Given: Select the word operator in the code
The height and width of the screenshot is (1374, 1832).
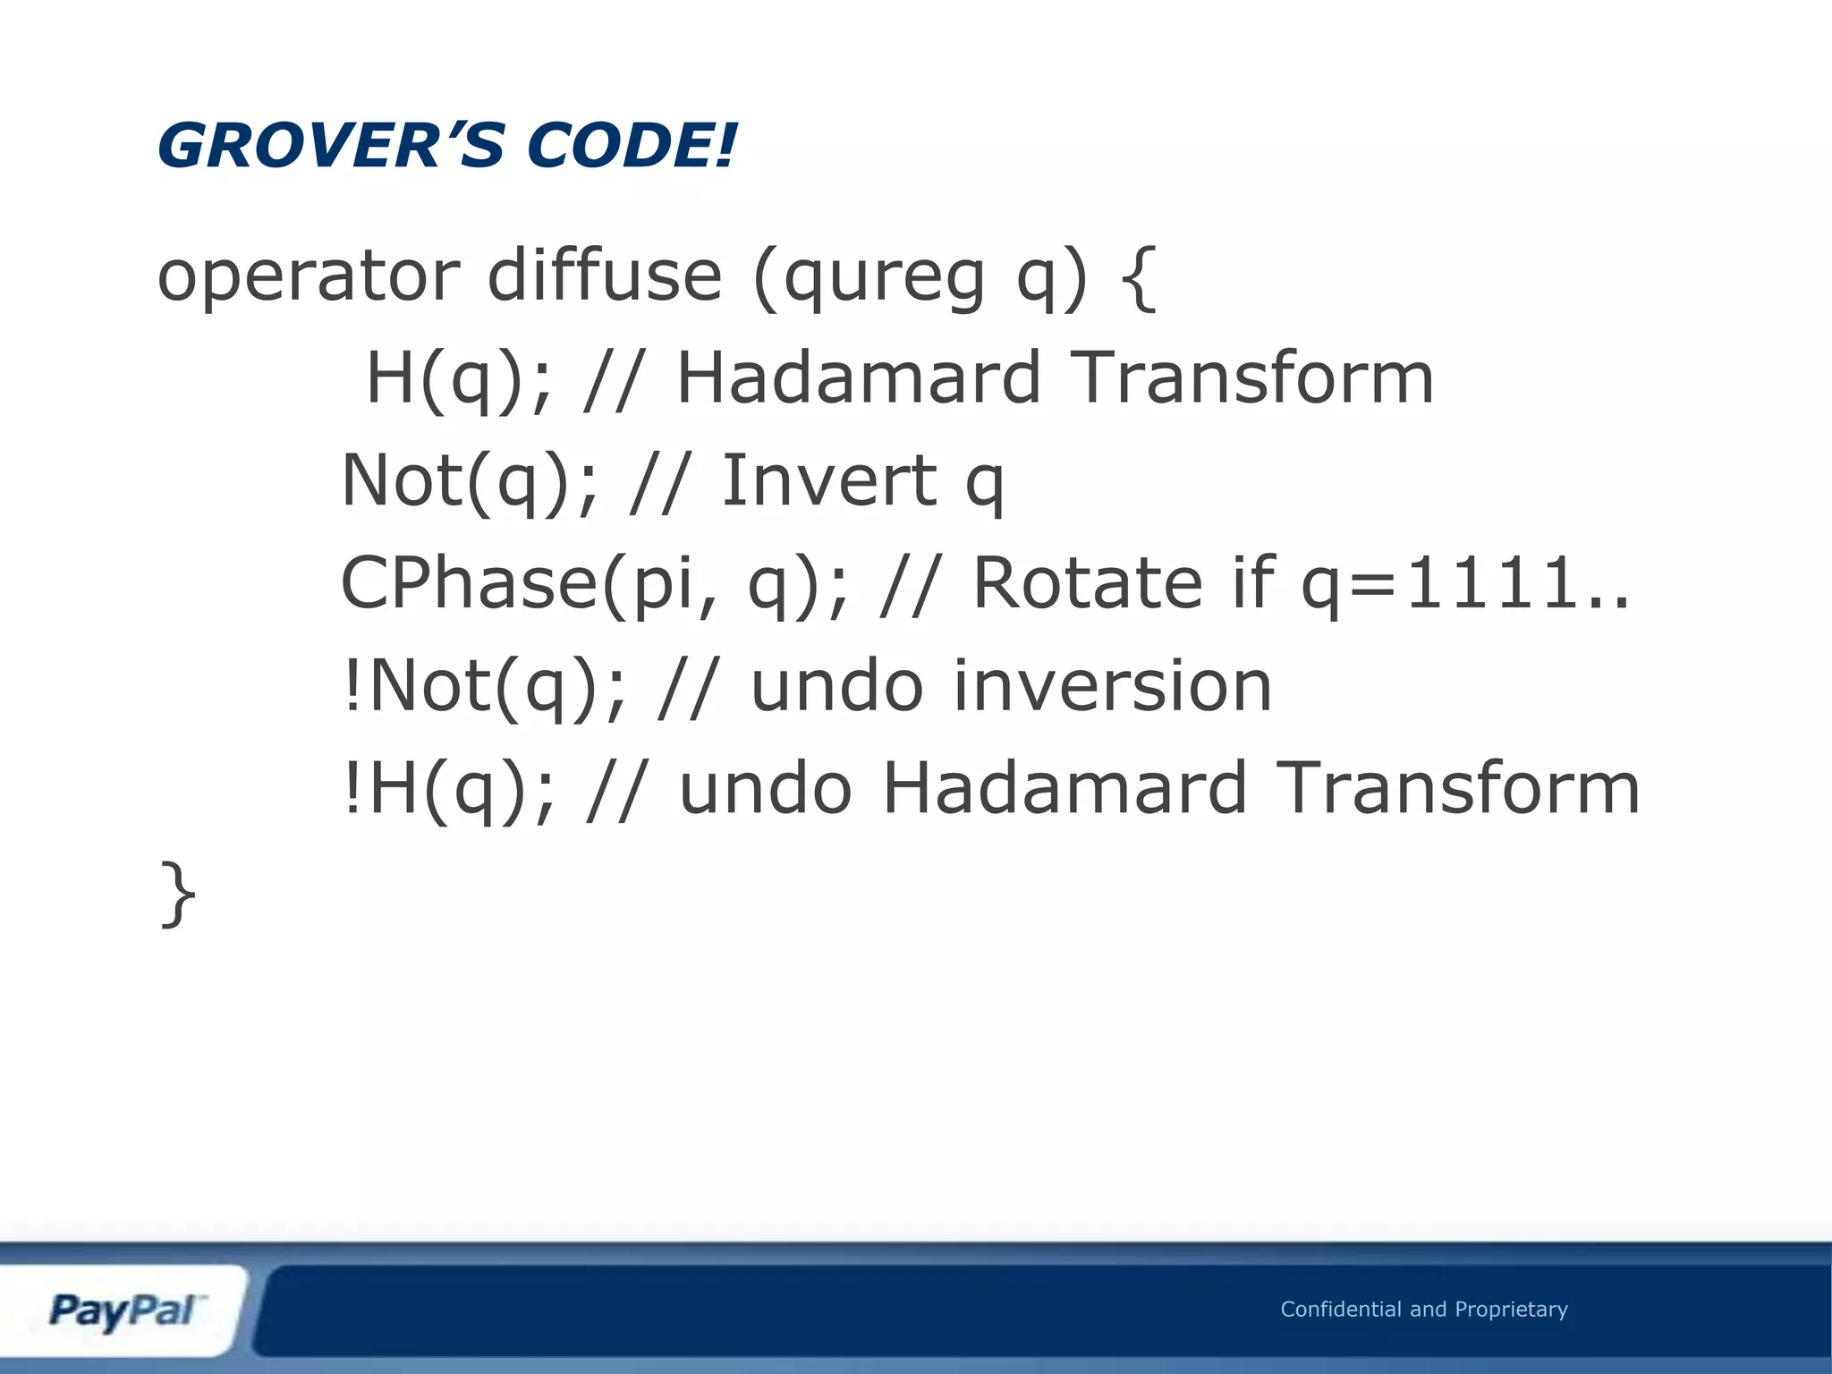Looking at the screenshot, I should [x=309, y=277].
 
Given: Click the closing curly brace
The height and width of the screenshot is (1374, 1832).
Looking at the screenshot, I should [x=177, y=894].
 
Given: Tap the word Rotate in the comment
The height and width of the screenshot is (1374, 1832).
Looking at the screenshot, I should [x=1086, y=583].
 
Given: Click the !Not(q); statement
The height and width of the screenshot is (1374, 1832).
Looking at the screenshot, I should [x=483, y=687].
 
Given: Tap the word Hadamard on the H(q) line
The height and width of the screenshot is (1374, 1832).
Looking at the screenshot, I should [x=859, y=378].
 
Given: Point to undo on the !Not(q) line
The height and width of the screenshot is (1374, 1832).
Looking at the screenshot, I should [x=836, y=687].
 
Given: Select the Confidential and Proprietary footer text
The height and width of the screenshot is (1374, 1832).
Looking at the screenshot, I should [x=1423, y=1309].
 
